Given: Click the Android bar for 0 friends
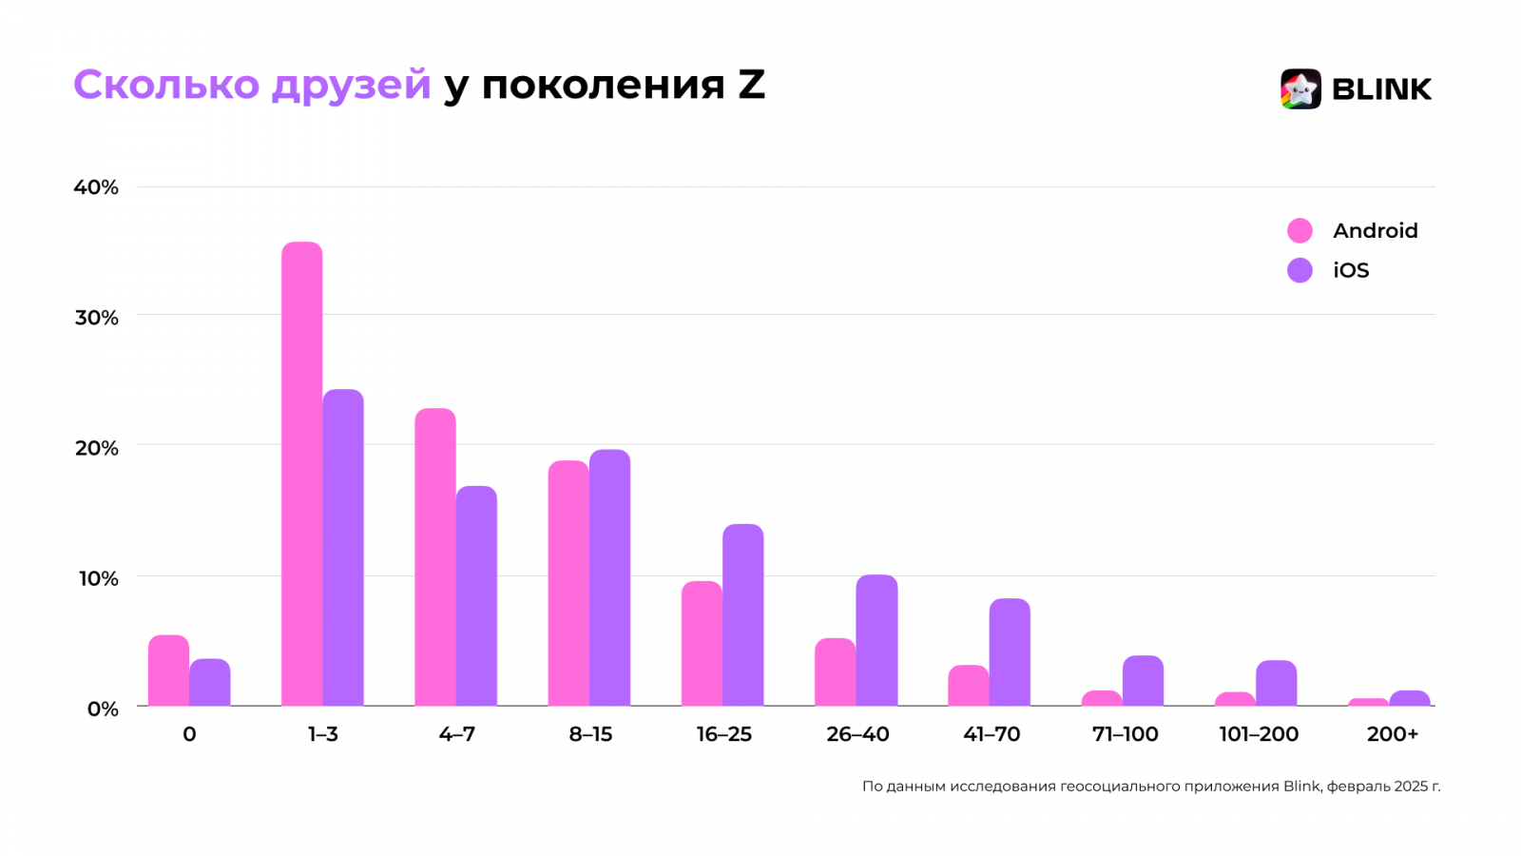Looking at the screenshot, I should pyautogui.click(x=168, y=671).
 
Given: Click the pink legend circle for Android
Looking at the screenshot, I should pyautogui.click(x=1300, y=230).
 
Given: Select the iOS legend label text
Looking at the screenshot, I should pyautogui.click(x=1351, y=271).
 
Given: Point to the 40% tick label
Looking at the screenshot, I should pyautogui.click(x=96, y=187).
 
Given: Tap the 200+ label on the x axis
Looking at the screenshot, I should pyautogui.click(x=1393, y=734).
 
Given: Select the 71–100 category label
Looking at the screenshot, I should pyautogui.click(x=1126, y=734).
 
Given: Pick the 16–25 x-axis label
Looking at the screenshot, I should pyautogui.click(x=724, y=734).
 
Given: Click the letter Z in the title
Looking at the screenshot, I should pyautogui.click(x=751, y=85).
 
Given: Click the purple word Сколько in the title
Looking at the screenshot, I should pyautogui.click(x=166, y=85).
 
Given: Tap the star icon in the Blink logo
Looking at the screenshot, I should pyautogui.click(x=1300, y=89).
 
